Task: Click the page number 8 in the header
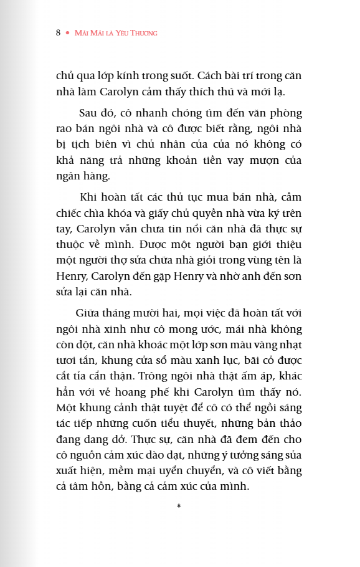click(58, 32)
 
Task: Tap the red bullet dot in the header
click(67, 32)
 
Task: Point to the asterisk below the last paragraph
click(179, 505)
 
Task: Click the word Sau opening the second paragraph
click(88, 113)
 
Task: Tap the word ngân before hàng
click(69, 176)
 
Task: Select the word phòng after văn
click(287, 113)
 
